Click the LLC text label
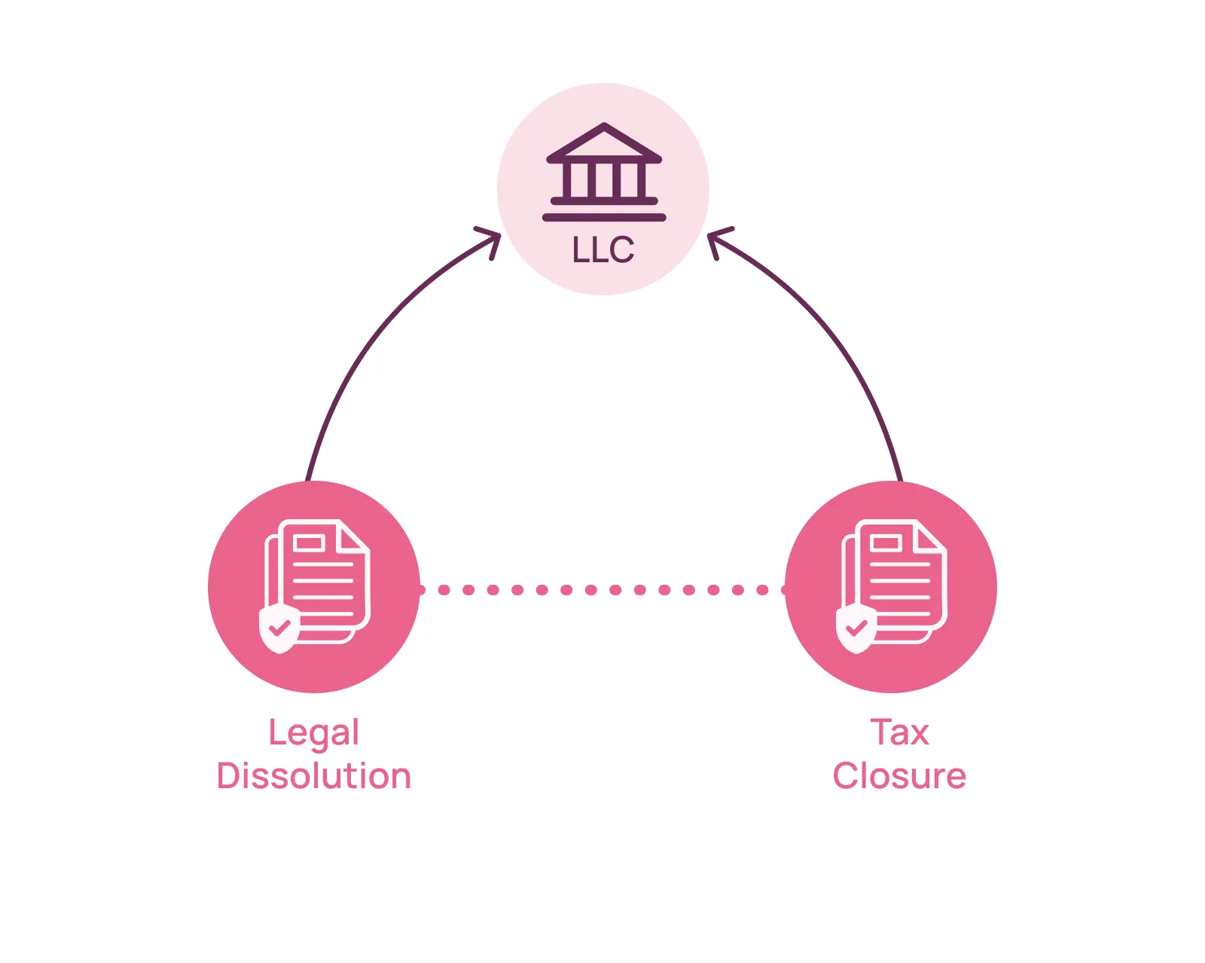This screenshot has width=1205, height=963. coord(603,250)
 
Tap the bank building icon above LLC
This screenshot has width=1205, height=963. coord(604,172)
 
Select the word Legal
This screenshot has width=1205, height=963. coord(314,733)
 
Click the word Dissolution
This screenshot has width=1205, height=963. coord(314,776)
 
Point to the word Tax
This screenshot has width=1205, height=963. coord(899,732)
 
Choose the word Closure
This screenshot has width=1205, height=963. coord(899,776)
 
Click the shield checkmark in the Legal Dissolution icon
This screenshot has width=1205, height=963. coord(279,627)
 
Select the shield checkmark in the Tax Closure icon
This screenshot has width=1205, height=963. coord(856,627)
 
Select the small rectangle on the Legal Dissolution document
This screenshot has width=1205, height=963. coord(309,543)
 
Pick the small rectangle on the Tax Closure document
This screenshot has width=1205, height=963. coord(886,543)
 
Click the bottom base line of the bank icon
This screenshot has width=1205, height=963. coord(604,218)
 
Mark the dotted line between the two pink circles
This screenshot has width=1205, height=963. coord(602,590)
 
